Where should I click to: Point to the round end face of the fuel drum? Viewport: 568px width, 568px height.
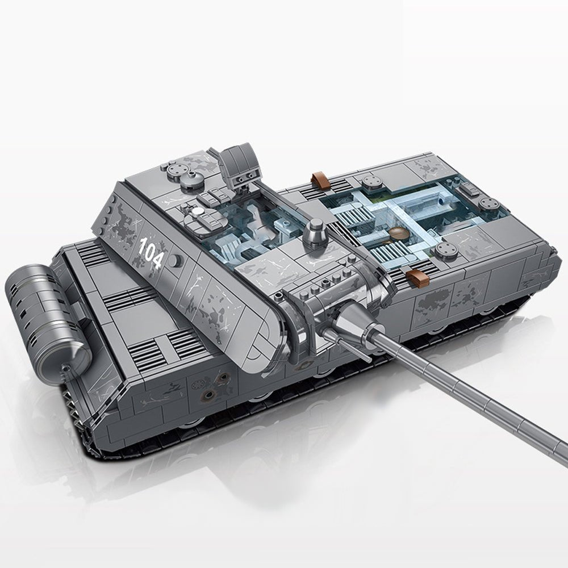click(77, 355)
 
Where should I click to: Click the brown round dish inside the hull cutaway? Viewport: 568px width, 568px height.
click(399, 233)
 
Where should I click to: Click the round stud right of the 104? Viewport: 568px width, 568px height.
click(175, 260)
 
